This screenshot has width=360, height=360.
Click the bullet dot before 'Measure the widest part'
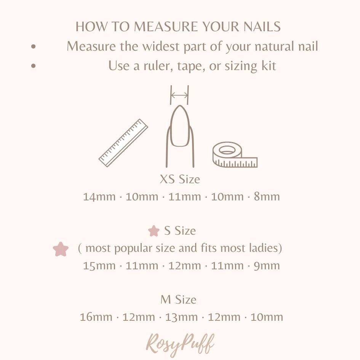[34, 46]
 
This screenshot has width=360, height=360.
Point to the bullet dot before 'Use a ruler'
[34, 66]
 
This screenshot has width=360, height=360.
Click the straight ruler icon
[123, 143]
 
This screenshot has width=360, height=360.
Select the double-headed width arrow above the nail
[179, 95]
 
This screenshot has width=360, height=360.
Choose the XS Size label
[180, 179]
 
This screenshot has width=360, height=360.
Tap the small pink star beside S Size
[154, 231]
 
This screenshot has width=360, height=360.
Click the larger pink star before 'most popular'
[61, 249]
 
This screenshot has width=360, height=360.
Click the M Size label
[178, 300]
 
